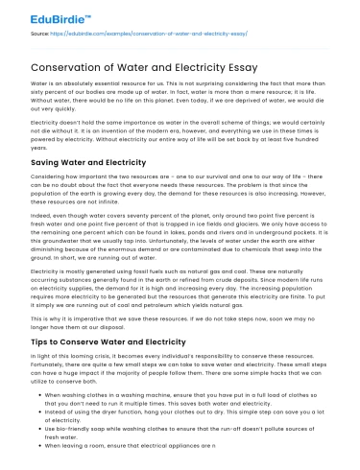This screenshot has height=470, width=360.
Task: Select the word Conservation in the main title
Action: [66, 66]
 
